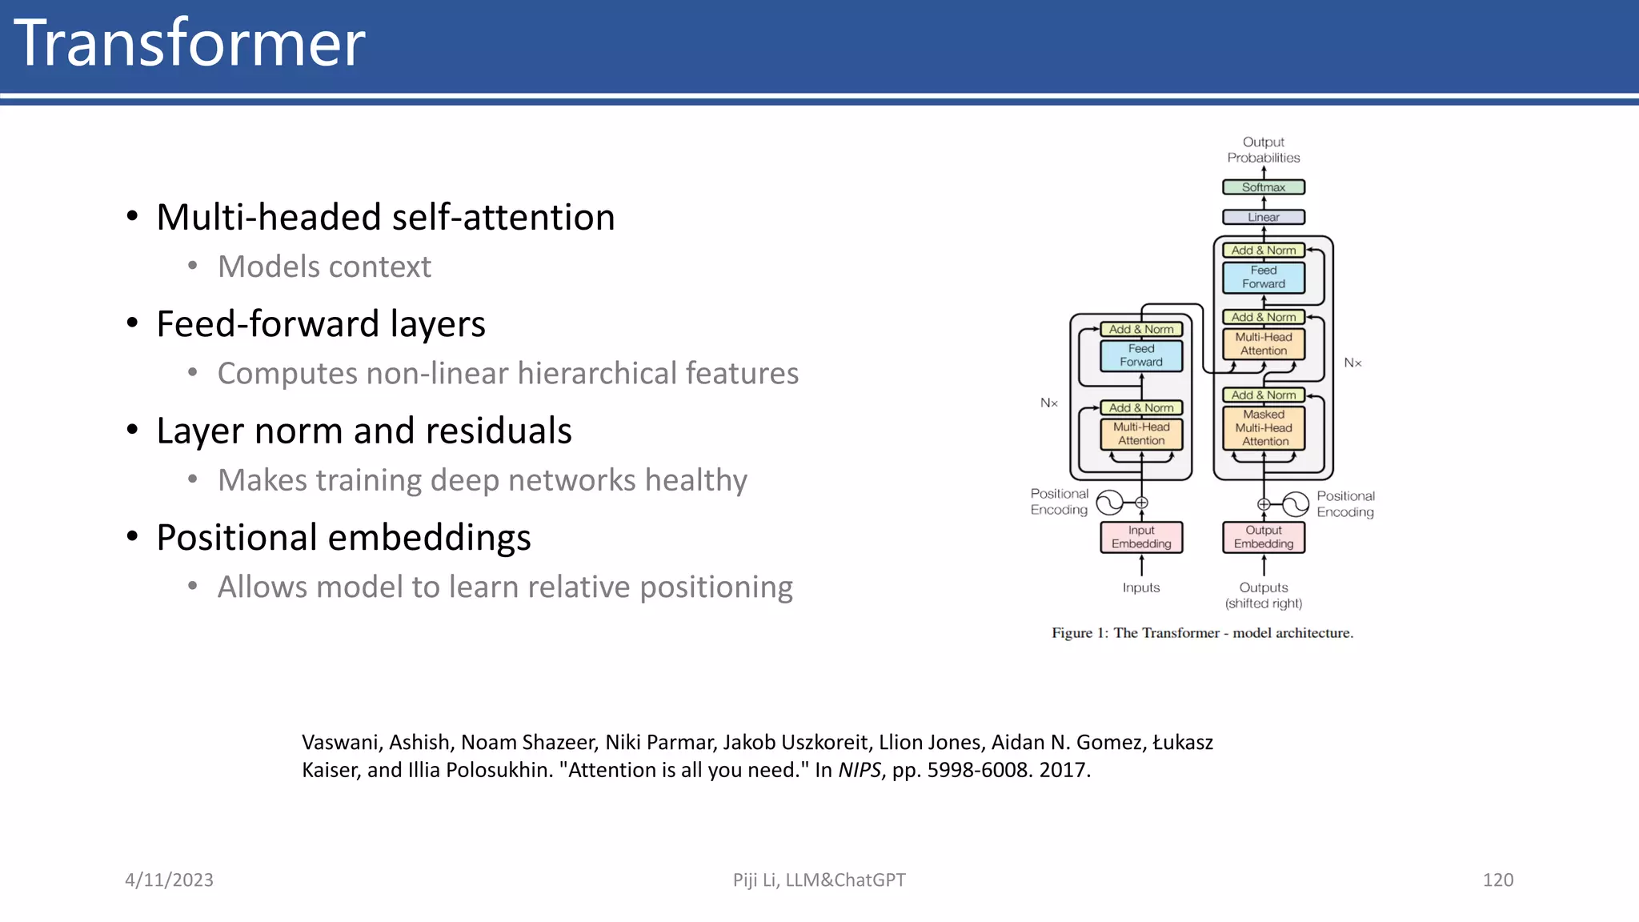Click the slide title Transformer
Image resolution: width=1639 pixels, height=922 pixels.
[x=190, y=43]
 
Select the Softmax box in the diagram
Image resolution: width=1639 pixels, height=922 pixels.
[x=1263, y=187]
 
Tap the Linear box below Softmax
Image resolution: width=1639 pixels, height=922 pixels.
[x=1263, y=217]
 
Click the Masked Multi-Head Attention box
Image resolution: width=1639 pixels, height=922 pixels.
[x=1264, y=428]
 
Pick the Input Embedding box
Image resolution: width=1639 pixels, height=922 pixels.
[x=1141, y=537]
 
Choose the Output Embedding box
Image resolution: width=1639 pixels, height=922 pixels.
[x=1263, y=537]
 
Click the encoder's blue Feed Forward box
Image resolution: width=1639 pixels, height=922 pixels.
[x=1141, y=355]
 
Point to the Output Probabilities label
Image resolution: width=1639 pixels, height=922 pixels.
[x=1263, y=150]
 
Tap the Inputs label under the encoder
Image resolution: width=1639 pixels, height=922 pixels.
[x=1140, y=587]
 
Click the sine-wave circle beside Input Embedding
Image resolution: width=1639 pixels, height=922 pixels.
[x=1109, y=503]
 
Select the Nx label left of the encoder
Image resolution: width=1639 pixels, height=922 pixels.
[x=1048, y=403]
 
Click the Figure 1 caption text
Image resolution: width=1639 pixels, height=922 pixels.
[x=1202, y=633]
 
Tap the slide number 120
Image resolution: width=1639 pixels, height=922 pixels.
[x=1497, y=880]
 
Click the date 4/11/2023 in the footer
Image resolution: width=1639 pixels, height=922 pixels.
[x=169, y=880]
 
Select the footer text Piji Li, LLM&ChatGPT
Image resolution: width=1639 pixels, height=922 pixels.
[x=819, y=880]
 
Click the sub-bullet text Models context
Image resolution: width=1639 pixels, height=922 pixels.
[x=324, y=267]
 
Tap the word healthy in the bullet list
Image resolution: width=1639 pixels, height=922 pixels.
[x=695, y=480]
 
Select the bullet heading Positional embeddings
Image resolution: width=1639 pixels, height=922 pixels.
[x=343, y=537]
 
